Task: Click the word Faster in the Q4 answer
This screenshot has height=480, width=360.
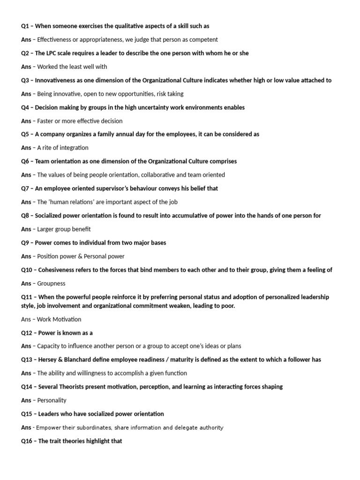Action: [46, 121]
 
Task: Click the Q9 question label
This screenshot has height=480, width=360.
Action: [26, 243]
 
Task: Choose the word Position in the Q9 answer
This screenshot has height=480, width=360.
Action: [49, 256]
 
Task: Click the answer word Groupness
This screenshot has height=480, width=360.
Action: [51, 284]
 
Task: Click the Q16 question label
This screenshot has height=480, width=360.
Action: [27, 441]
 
